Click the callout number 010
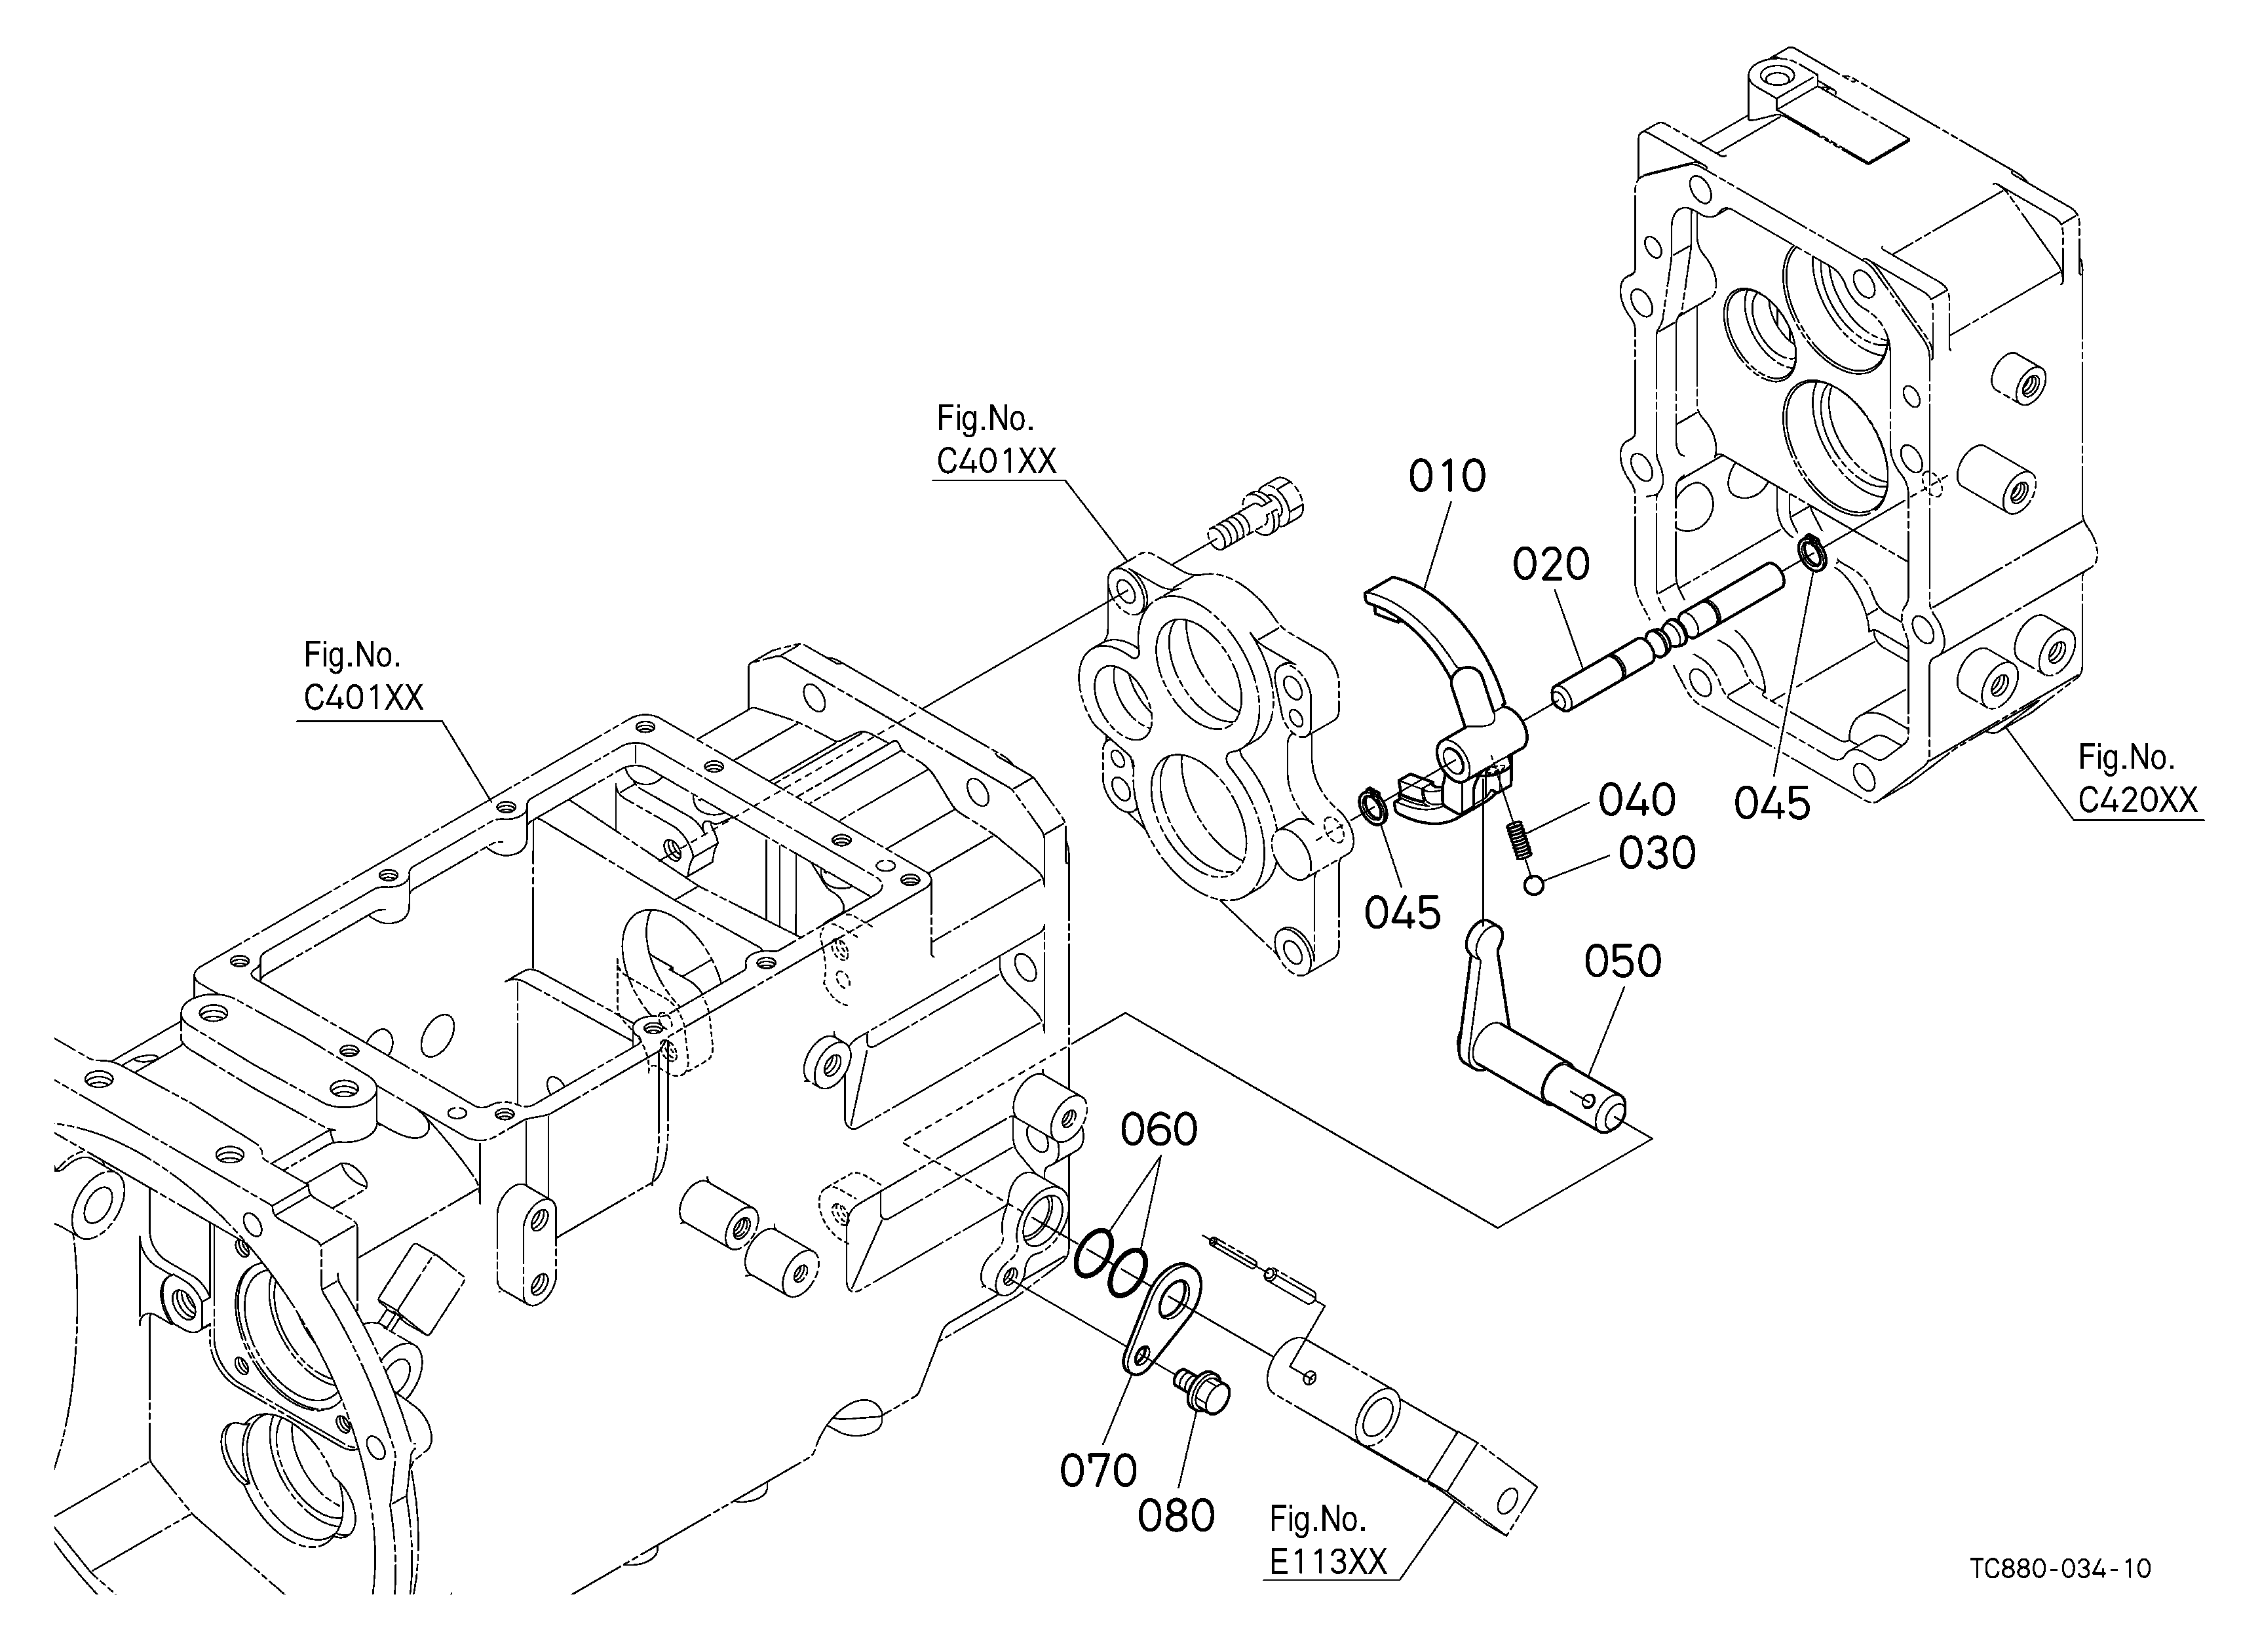[1447, 476]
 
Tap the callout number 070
[1098, 1471]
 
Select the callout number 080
[1176, 1516]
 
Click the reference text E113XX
[1328, 1561]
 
